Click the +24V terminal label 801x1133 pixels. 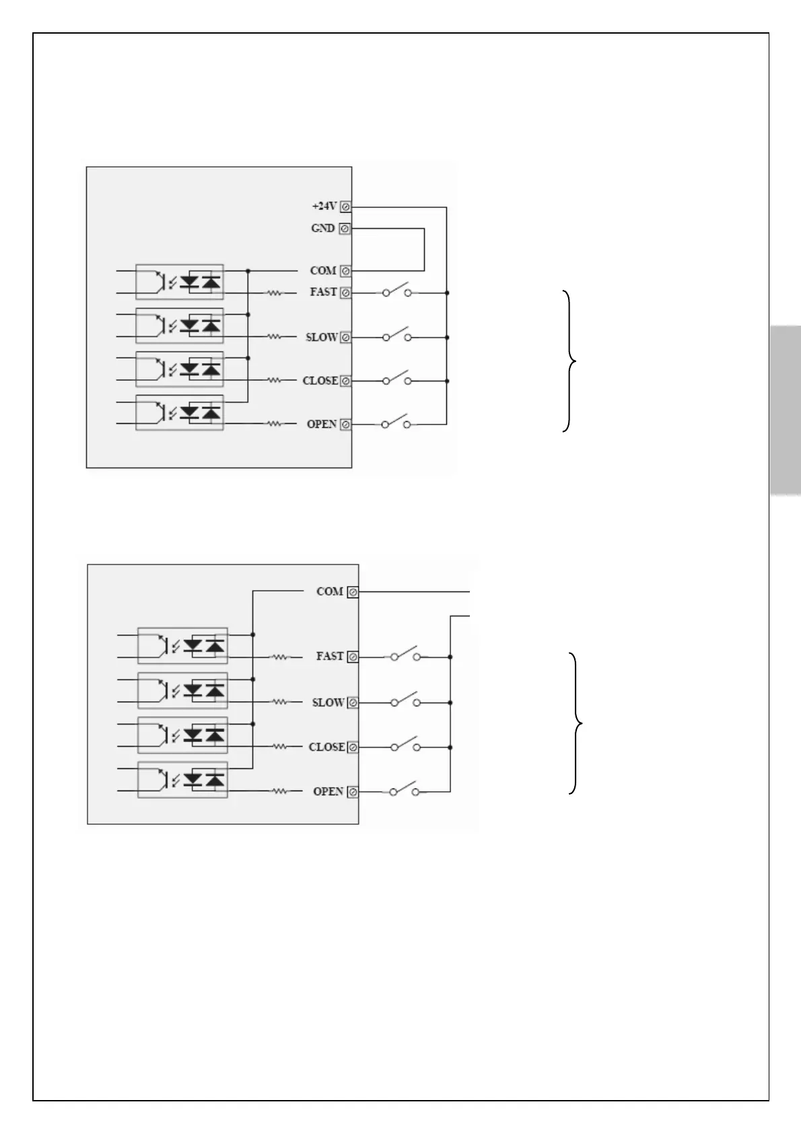pos(324,206)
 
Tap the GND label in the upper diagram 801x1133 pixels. pos(323,228)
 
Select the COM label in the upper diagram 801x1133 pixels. pos(323,270)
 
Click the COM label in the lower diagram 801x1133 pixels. pos(330,591)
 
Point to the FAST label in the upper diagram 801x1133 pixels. pos(323,292)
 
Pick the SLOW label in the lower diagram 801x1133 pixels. pos(328,702)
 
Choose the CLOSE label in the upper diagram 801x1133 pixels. pos(320,381)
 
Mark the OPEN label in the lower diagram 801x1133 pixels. pos(328,791)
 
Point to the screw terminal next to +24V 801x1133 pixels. pos(345,207)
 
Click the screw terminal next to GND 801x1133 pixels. pos(345,229)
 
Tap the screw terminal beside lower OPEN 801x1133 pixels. pos(353,792)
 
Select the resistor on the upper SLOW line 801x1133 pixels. pos(275,336)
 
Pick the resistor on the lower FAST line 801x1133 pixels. pos(280,657)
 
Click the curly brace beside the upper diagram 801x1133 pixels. pos(570,361)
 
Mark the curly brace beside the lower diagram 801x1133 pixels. pos(576,723)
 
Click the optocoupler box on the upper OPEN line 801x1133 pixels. pos(180,412)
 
